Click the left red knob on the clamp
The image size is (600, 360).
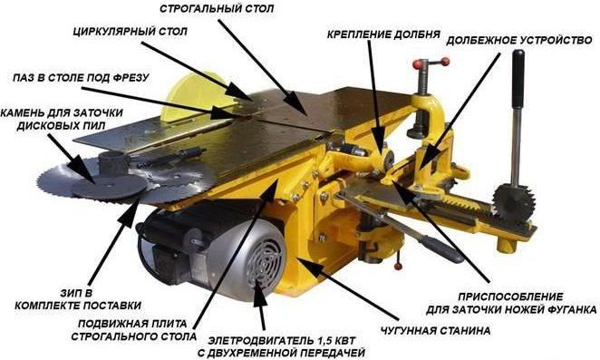coord(419,65)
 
